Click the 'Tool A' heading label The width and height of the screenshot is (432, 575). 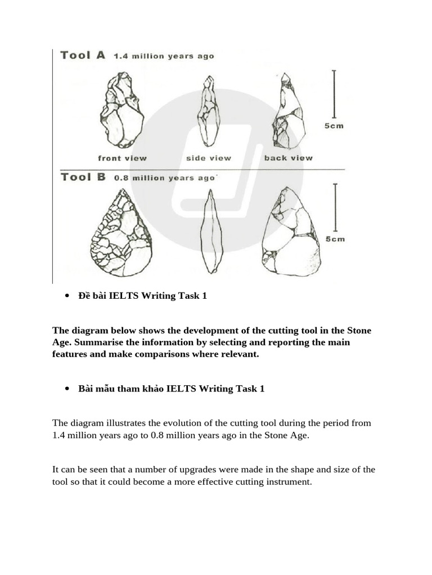82,55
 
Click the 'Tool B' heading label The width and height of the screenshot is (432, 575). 83,177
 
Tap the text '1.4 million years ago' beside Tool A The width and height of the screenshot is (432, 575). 164,56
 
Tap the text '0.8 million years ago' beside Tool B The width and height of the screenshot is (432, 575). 164,178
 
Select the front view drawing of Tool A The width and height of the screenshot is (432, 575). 121,109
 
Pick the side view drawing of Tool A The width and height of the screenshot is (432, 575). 208,111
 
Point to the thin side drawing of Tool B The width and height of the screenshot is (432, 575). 211,231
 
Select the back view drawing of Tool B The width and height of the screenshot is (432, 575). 290,231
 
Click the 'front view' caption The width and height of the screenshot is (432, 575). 122,158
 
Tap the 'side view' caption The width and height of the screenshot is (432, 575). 209,158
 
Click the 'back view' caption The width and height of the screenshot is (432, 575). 288,158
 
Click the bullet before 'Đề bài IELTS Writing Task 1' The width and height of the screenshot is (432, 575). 67,296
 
